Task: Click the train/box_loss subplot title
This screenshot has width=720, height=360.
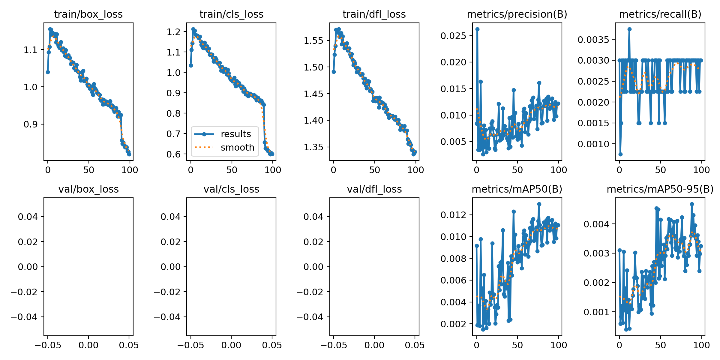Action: point(88,14)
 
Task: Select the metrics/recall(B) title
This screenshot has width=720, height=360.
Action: point(660,14)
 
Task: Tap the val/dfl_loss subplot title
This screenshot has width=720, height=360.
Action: point(374,189)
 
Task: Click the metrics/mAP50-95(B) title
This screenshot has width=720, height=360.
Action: point(660,189)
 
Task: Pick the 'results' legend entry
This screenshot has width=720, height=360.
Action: point(236,134)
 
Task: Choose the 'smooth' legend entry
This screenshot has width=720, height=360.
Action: point(237,148)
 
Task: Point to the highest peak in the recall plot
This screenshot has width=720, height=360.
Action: point(629,29)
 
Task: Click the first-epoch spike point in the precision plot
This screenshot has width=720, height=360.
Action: point(477,29)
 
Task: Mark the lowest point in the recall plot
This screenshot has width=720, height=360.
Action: point(620,154)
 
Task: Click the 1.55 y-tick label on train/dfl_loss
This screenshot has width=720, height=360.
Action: point(313,40)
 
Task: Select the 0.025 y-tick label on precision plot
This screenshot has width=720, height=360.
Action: point(453,36)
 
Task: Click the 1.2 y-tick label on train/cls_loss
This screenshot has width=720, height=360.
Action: point(174,32)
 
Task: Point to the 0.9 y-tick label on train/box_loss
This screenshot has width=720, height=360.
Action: point(31,124)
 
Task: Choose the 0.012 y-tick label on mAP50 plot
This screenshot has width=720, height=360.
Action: point(453,215)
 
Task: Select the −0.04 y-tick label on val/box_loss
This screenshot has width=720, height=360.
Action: point(24,317)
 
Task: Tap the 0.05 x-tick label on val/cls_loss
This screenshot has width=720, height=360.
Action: point(272,345)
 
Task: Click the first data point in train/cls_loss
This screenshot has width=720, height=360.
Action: point(191,65)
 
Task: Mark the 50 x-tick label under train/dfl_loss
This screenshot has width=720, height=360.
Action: point(374,170)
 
